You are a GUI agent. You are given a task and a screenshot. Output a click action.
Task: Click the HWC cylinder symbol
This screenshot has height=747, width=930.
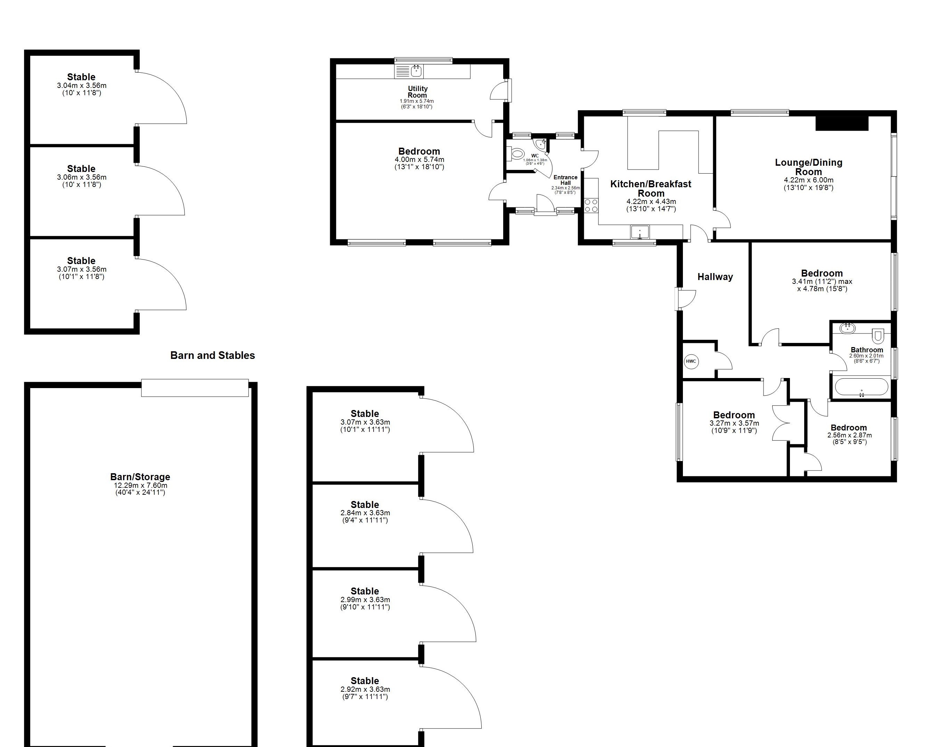pyautogui.click(x=691, y=361)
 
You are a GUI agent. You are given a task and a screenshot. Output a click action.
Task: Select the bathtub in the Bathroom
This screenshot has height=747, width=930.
pyautogui.click(x=861, y=387)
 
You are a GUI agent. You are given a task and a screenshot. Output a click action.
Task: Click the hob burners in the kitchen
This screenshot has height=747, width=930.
pyautogui.click(x=591, y=205)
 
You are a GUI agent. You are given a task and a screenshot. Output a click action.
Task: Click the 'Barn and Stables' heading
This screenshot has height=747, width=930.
pyautogui.click(x=213, y=355)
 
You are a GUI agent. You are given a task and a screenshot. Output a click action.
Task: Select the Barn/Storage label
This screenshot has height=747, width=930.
pyautogui.click(x=140, y=477)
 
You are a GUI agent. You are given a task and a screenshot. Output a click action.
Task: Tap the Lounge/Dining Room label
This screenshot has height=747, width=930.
pyautogui.click(x=808, y=167)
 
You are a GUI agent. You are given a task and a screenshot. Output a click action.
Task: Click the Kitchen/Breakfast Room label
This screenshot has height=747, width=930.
pyautogui.click(x=651, y=188)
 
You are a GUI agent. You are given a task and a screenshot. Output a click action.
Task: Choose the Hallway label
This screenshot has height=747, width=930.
pyautogui.click(x=715, y=277)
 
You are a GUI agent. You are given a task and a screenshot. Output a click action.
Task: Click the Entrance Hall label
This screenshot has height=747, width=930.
pyautogui.click(x=565, y=180)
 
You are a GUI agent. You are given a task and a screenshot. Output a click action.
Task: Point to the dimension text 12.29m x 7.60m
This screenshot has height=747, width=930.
pyautogui.click(x=140, y=485)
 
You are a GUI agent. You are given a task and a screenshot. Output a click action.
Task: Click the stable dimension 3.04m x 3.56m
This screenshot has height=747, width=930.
pyautogui.click(x=82, y=85)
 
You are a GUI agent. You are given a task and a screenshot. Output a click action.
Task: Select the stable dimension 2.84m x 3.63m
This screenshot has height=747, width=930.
pyautogui.click(x=365, y=513)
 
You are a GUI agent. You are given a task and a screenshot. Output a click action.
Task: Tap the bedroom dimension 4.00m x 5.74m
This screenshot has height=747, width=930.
pyautogui.click(x=419, y=159)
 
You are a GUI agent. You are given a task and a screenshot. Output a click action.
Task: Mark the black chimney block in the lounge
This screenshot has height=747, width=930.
pyautogui.click(x=841, y=123)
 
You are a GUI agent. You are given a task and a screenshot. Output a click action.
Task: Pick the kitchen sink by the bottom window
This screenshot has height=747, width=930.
pyautogui.click(x=640, y=232)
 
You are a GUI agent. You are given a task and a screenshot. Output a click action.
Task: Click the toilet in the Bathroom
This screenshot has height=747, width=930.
pyautogui.click(x=878, y=335)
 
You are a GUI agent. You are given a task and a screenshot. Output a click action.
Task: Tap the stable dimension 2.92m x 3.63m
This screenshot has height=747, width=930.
pyautogui.click(x=365, y=689)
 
